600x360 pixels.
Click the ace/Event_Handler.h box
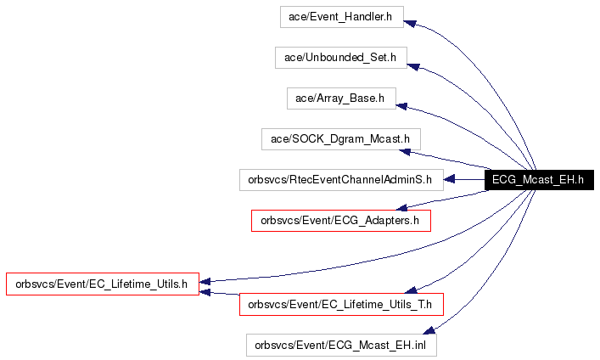pos(342,17)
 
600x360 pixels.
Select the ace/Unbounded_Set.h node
pos(341,58)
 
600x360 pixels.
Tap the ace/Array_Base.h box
pos(341,98)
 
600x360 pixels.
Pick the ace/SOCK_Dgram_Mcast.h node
pos(341,139)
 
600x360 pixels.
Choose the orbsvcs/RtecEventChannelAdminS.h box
pos(341,180)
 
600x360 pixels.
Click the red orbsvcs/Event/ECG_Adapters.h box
pos(341,221)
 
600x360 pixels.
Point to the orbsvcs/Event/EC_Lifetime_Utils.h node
pos(103,284)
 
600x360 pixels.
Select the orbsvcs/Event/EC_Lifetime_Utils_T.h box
pos(341,305)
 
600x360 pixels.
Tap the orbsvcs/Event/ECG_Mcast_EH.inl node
pos(341,346)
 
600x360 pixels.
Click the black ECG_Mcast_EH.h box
pos(539,180)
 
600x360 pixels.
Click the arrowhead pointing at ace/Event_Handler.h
pos(410,24)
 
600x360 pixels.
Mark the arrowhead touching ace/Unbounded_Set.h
pos(413,66)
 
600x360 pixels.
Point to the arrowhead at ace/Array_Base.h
pos(401,106)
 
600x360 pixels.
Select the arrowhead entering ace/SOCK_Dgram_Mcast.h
pos(405,152)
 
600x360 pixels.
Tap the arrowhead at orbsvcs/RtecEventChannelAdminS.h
pos(449,179)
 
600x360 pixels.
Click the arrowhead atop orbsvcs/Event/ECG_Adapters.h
pos(401,207)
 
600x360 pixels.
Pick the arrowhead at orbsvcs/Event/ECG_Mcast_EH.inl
pos(429,330)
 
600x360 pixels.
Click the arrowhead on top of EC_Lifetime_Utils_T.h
pos(411,290)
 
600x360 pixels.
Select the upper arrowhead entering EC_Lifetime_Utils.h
pos(205,282)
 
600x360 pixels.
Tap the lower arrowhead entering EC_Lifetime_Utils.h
pos(205,293)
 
